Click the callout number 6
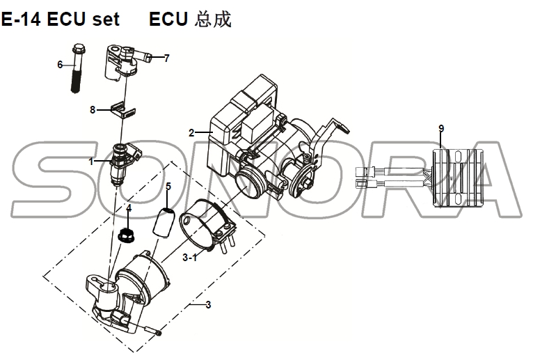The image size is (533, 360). [61, 64]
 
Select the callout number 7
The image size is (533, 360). [166, 58]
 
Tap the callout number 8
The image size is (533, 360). [93, 109]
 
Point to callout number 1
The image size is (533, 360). [90, 162]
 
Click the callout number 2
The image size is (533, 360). [191, 132]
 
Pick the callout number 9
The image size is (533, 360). [440, 128]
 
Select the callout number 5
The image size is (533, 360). [167, 186]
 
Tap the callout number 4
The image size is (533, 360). [128, 208]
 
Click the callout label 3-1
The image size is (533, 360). [189, 258]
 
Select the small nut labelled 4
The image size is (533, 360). [127, 235]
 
